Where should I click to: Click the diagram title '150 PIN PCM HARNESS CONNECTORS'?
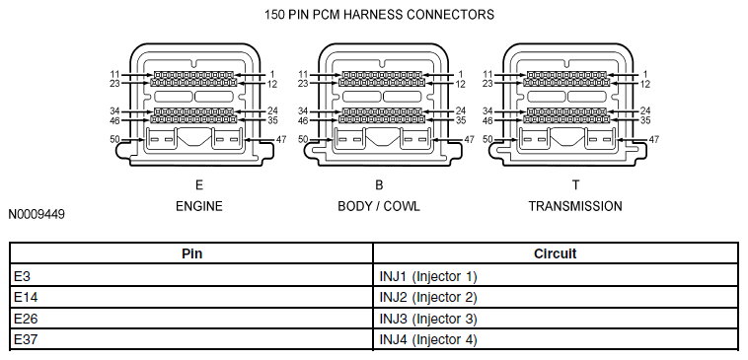coord(379,15)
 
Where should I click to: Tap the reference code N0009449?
coord(37,214)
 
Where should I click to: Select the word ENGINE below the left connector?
coord(199,206)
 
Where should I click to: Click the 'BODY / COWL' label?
coord(379,206)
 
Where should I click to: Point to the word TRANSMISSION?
coord(575,206)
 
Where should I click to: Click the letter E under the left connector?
coord(199,184)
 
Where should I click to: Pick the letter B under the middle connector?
coord(379,184)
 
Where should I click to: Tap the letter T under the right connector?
coord(575,184)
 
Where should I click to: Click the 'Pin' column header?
coord(191,253)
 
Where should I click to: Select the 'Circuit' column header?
coord(555,253)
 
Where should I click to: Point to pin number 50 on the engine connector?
coord(114,139)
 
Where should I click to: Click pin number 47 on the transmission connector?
coord(654,140)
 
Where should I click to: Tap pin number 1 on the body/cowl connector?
coord(460,74)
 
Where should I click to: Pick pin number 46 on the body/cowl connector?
coord(303,120)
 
